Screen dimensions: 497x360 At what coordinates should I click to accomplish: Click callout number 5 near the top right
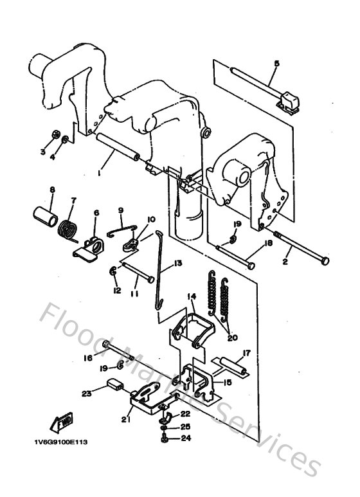click(276, 63)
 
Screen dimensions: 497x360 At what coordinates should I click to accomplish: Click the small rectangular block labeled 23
click(116, 386)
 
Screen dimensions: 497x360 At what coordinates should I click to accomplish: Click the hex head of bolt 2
click(324, 260)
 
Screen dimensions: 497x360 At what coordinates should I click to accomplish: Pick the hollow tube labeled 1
click(118, 150)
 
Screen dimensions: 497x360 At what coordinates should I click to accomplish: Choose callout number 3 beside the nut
click(42, 152)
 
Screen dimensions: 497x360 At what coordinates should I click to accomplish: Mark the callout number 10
click(152, 219)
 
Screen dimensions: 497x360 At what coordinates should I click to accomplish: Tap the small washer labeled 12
click(114, 271)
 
